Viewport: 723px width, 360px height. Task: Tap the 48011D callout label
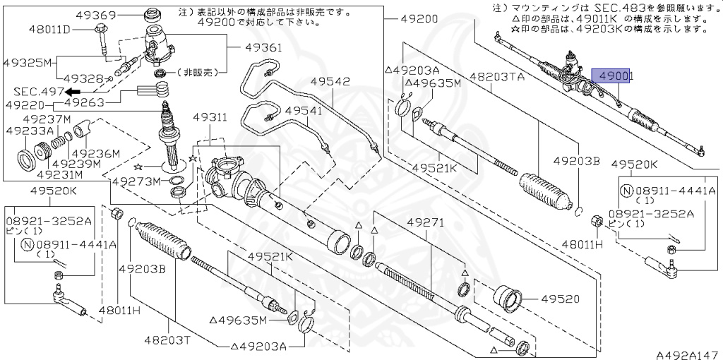point(50,30)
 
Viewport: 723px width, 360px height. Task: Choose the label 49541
point(303,110)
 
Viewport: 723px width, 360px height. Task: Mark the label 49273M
point(136,181)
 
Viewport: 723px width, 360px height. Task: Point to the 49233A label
point(30,131)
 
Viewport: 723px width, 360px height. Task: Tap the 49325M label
point(30,63)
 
